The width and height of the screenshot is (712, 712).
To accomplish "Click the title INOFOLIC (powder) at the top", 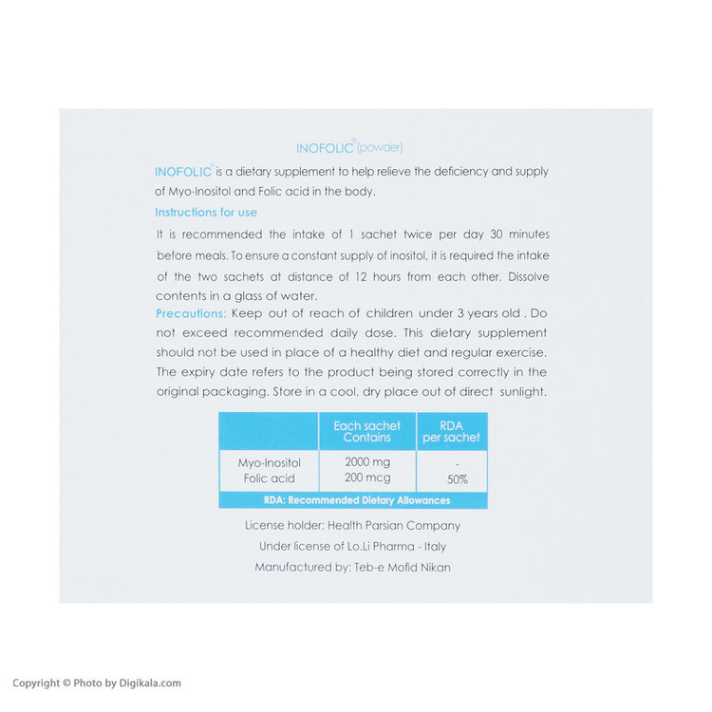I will point(349,147).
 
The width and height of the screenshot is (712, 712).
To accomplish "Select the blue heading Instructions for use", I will point(206,213).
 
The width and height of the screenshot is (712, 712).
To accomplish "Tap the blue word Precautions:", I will point(190,313).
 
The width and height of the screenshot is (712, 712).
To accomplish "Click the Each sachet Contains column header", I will point(367,432).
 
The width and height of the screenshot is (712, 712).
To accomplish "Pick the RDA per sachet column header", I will point(452,432).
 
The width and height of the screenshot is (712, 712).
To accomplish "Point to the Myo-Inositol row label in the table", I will point(269,462).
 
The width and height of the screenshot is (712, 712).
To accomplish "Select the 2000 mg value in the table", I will point(367,462).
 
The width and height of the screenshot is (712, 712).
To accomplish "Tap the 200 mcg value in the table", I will point(367,478).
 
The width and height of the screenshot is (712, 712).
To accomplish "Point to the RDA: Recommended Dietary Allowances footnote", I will point(353,500).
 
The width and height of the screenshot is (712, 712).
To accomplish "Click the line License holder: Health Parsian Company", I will point(352,525).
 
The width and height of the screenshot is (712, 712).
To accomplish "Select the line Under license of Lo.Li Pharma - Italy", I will point(352,546).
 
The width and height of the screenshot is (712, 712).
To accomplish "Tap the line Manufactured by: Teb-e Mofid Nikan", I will point(352,567).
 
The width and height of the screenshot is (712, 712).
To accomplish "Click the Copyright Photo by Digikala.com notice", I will point(96,683).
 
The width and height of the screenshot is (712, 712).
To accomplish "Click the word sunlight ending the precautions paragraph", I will point(516,392).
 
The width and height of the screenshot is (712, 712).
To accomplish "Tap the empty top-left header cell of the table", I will point(269,432).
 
